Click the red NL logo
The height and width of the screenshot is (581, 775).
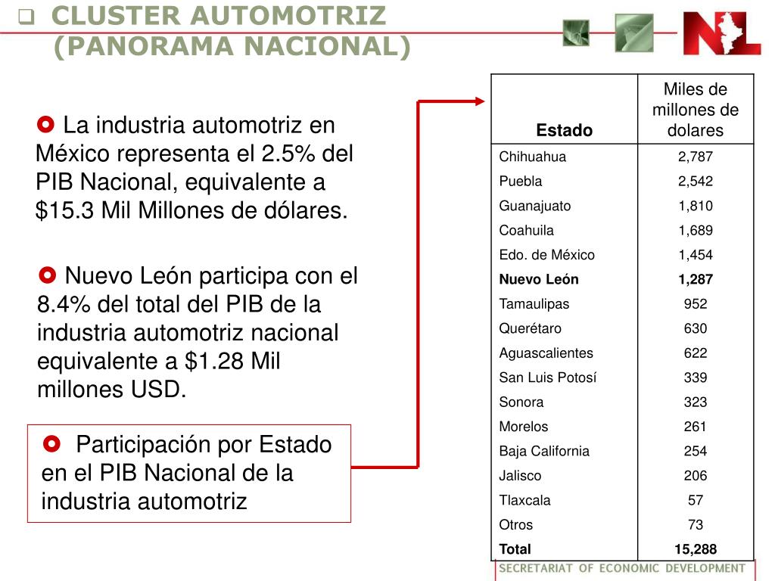click(x=721, y=33)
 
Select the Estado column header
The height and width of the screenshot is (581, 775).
click(x=564, y=130)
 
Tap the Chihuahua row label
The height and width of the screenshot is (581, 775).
click(x=532, y=157)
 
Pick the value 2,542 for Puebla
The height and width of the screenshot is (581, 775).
click(x=695, y=182)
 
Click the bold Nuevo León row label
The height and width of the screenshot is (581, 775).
click(x=539, y=280)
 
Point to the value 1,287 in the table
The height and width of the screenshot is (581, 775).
click(x=695, y=280)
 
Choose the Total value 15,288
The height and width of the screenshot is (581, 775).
click(x=695, y=549)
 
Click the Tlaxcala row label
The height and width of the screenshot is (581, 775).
click(x=524, y=501)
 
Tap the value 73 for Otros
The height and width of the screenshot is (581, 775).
click(x=695, y=525)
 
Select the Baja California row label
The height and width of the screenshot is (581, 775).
click(x=544, y=451)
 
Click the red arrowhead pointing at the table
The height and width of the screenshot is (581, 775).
click(x=479, y=102)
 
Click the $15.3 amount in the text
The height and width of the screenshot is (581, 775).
click(x=65, y=210)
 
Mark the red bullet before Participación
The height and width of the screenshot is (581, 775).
click(x=51, y=443)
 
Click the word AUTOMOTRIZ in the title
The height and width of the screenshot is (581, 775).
click(x=288, y=16)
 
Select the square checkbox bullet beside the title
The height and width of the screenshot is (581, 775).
click(x=26, y=17)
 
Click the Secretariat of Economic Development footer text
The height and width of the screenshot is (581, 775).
click(x=622, y=569)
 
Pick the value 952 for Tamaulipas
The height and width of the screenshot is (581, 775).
click(x=695, y=304)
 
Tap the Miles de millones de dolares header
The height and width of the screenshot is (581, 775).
click(x=695, y=110)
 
